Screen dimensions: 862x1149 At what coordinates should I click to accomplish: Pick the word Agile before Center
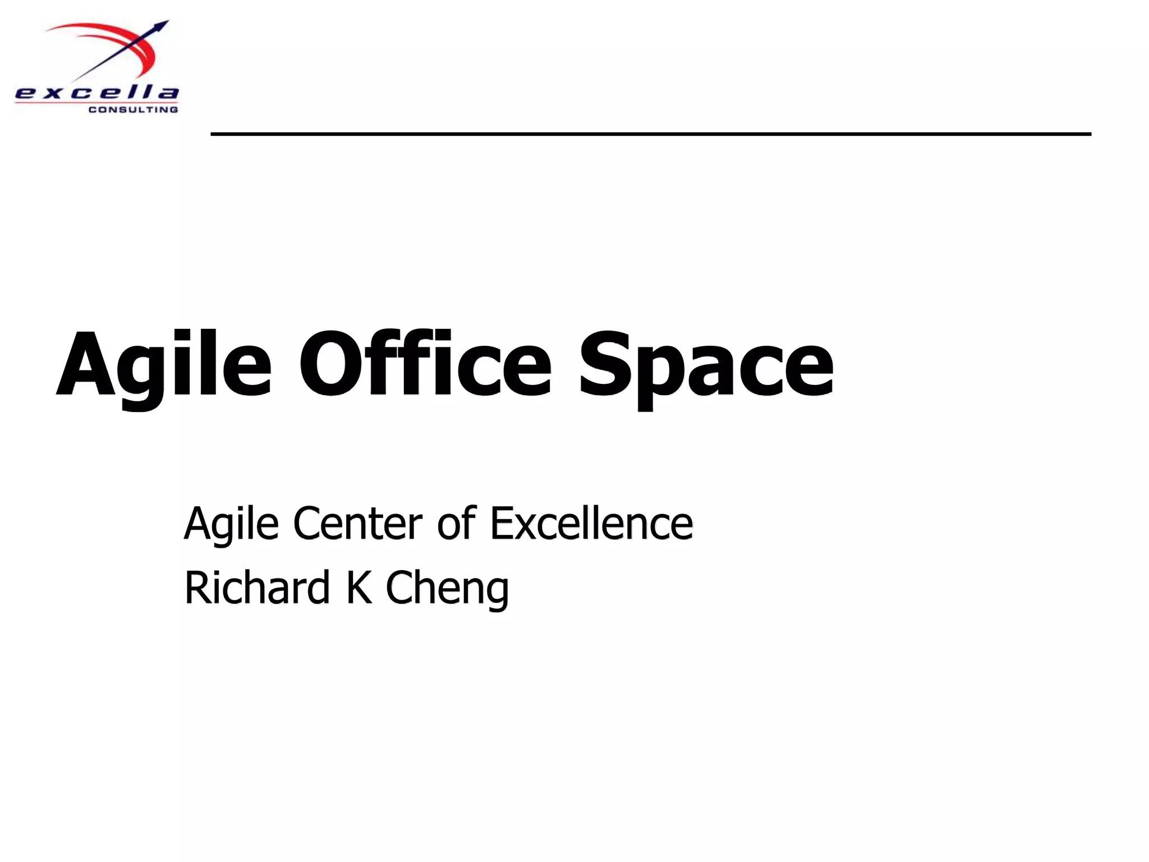click(231, 524)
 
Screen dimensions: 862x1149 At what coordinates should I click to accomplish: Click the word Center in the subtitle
click(357, 523)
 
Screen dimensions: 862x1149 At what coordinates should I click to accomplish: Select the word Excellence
click(591, 523)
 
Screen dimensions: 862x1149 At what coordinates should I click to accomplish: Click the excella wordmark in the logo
click(96, 93)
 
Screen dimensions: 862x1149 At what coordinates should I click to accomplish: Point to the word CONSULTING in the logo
click(133, 109)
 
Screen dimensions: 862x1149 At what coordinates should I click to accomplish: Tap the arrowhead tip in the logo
click(163, 25)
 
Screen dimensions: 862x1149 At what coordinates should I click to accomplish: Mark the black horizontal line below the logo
click(651, 134)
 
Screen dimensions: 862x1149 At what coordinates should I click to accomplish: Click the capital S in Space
click(605, 364)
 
